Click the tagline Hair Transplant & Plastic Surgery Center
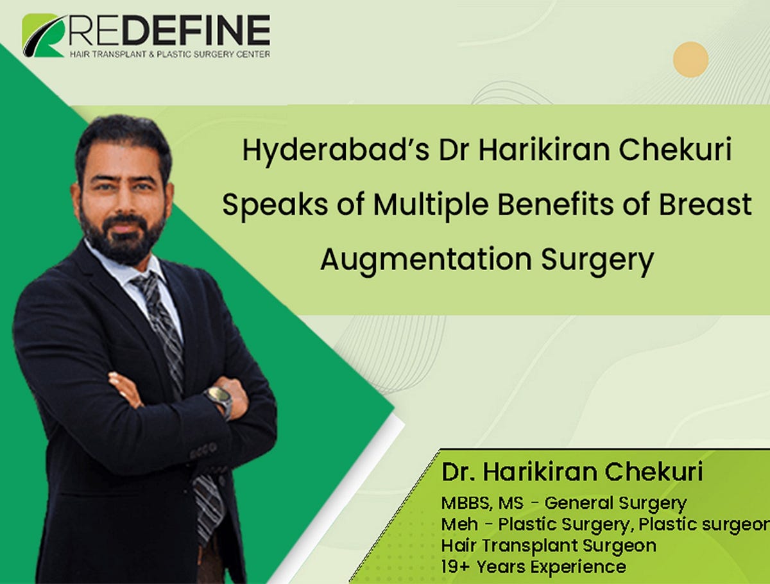tap(169, 54)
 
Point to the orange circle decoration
tap(690, 60)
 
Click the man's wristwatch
tap(219, 399)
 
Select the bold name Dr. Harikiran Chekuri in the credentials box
tap(572, 472)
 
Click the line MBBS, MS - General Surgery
tap(564, 503)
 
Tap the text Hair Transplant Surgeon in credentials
tap(549, 545)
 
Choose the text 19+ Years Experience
tap(533, 567)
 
